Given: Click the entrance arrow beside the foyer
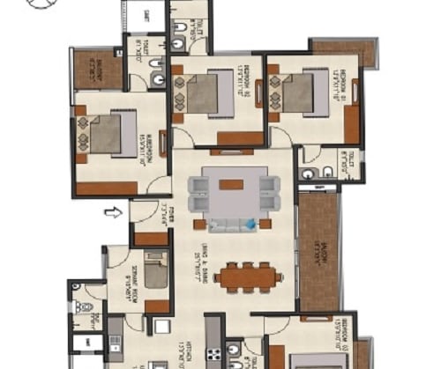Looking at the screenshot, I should tap(112, 211).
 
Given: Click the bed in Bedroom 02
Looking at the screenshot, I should tap(204, 92).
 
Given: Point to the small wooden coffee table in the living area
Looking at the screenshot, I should tap(232, 184).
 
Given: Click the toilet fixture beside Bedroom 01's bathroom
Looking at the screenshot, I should tap(326, 172).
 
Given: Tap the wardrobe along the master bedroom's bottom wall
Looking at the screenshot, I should tap(107, 188).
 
